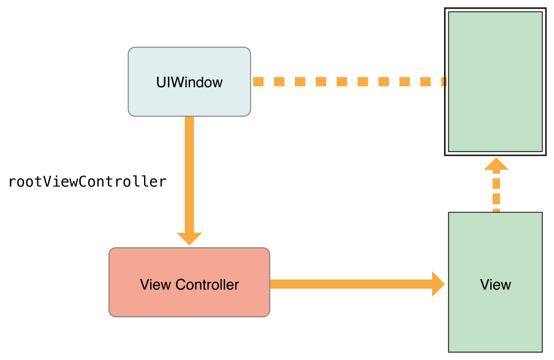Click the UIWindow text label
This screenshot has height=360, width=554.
click(189, 82)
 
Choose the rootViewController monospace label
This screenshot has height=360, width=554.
click(87, 182)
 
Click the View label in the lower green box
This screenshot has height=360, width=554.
click(495, 285)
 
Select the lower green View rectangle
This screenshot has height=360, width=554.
click(495, 319)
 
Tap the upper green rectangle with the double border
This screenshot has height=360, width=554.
click(495, 110)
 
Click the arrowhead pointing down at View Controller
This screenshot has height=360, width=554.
click(189, 238)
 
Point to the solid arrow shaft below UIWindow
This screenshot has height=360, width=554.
click(189, 172)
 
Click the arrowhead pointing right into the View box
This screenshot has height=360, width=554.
click(438, 284)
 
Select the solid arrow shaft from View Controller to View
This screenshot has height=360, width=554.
click(349, 284)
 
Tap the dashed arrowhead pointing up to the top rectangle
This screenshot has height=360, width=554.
click(496, 164)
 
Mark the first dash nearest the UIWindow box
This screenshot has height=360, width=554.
click(258, 82)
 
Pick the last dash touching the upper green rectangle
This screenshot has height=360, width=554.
click(442, 82)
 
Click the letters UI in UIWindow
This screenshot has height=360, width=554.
click(161, 82)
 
